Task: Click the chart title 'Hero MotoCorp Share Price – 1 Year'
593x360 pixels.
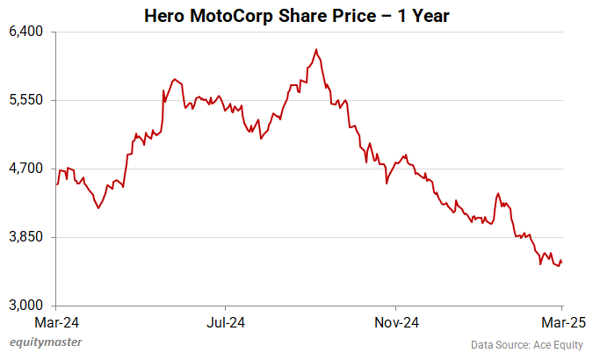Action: point(296,16)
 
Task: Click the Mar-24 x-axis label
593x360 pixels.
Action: point(56,321)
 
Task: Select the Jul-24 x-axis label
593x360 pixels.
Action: point(226,321)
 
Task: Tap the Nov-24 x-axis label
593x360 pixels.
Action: point(395,321)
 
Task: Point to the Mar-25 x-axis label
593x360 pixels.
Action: point(557,321)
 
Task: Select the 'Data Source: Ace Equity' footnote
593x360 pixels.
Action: point(526,344)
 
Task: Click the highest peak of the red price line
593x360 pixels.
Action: point(316,49)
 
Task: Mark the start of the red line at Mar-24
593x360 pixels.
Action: point(57,184)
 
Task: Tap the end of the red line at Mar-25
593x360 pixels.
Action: point(562,262)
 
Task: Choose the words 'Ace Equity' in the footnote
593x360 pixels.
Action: point(555,344)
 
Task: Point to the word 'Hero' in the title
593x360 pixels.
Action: point(164,16)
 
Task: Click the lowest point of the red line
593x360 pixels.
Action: point(558,266)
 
